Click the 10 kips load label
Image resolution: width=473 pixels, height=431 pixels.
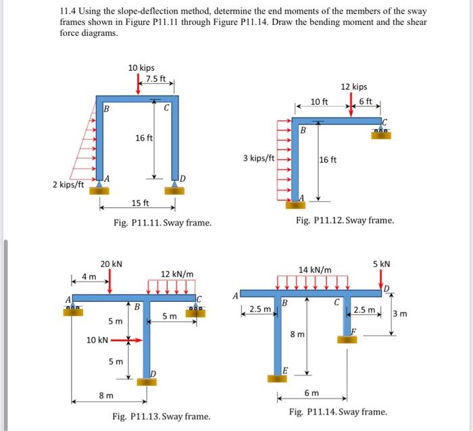(141, 68)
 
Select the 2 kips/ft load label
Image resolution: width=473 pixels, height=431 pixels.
(68, 184)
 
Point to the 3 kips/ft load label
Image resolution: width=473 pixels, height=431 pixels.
(258, 158)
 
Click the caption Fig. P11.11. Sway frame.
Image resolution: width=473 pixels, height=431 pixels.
(162, 222)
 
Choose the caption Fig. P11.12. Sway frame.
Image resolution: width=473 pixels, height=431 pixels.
(345, 220)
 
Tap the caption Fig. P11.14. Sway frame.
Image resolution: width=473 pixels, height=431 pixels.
(338, 411)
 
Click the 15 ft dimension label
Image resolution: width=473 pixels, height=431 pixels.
(141, 203)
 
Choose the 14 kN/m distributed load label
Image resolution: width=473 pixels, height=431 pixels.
(315, 270)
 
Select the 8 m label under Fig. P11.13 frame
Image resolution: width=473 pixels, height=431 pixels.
(105, 395)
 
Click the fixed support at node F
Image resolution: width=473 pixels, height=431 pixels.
(348, 338)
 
